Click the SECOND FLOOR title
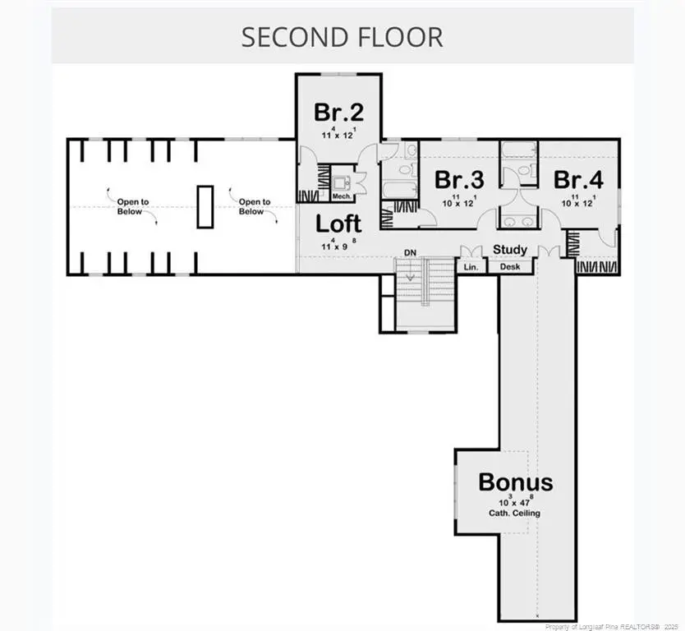(x=342, y=37)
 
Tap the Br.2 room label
(x=338, y=111)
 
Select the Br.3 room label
(x=459, y=179)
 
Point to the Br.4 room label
(x=578, y=179)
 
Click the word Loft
(x=338, y=223)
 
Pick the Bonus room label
(x=516, y=482)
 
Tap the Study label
(x=510, y=250)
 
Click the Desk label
(x=510, y=267)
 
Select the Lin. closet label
(x=471, y=267)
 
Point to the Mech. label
(x=342, y=197)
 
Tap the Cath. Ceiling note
(x=515, y=514)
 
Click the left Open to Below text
(x=127, y=207)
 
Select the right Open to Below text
(x=254, y=207)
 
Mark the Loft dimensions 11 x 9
(x=338, y=244)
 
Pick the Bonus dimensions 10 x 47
(x=515, y=500)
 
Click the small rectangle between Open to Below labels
(x=205, y=206)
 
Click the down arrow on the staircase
(x=409, y=276)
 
